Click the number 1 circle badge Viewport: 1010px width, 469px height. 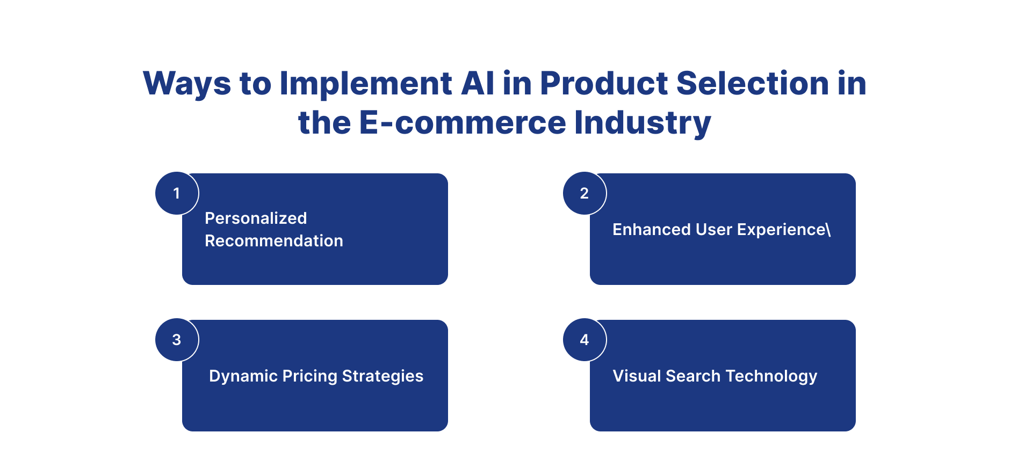pyautogui.click(x=177, y=193)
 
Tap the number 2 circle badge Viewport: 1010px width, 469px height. pyautogui.click(x=585, y=193)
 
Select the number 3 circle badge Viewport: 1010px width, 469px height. pyautogui.click(x=177, y=340)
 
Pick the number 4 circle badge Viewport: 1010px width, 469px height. pyautogui.click(x=585, y=340)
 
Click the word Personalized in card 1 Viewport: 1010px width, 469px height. pyautogui.click(x=256, y=218)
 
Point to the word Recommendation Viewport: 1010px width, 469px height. pyautogui.click(x=274, y=240)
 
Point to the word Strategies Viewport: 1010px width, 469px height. pyautogui.click(x=383, y=377)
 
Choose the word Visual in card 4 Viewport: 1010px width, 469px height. pyautogui.click(x=637, y=376)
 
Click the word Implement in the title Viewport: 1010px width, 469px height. pyautogui.click(x=366, y=84)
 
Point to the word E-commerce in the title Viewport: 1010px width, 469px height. pyautogui.click(x=463, y=122)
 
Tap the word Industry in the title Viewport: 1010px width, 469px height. pyautogui.click(x=643, y=123)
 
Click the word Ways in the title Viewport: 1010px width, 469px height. pyautogui.click(x=187, y=84)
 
